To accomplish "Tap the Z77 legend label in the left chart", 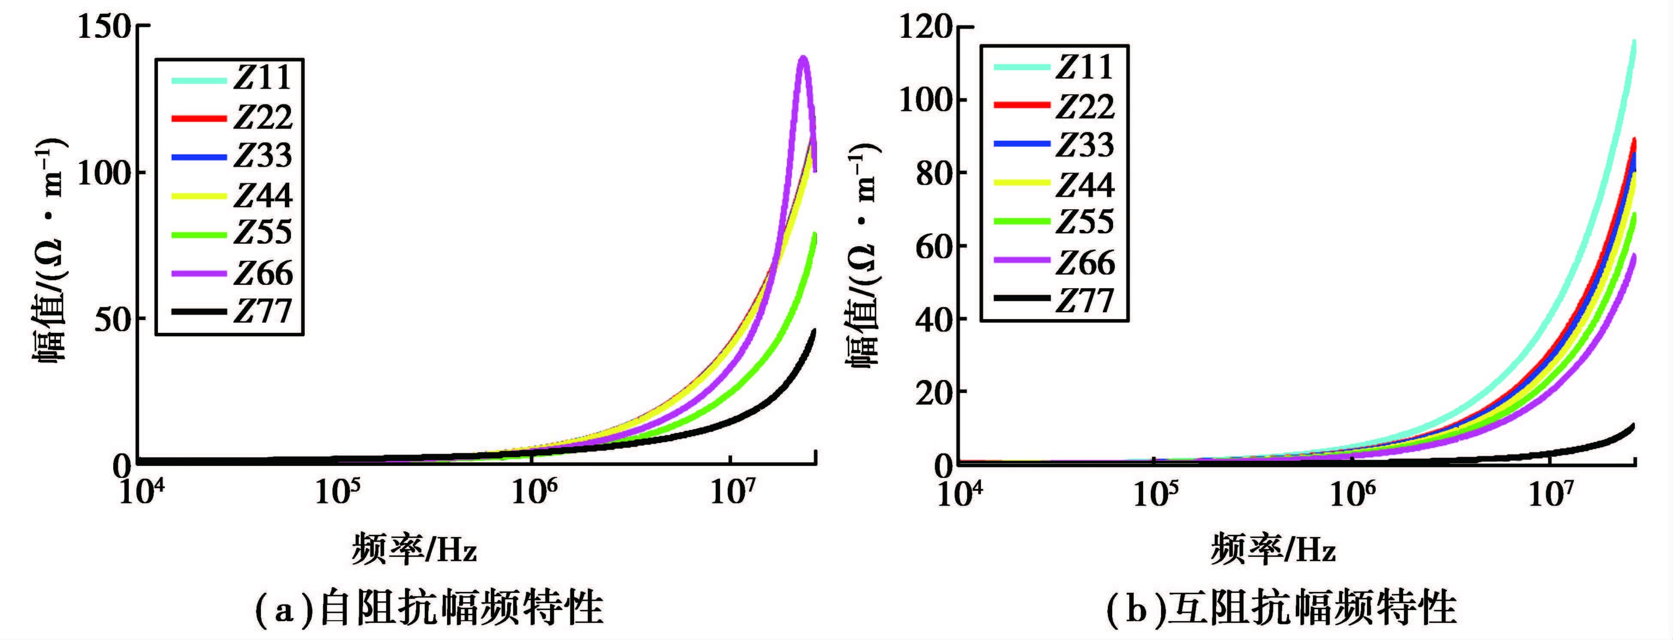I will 263,311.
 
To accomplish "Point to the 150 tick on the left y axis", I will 104,27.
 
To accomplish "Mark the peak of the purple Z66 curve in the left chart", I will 803,58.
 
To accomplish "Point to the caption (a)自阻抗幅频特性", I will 429,608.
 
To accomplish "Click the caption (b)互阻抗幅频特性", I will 1281,608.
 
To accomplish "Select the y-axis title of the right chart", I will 864,253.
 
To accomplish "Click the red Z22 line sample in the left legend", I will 199,118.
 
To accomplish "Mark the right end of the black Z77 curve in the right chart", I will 1633,426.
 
